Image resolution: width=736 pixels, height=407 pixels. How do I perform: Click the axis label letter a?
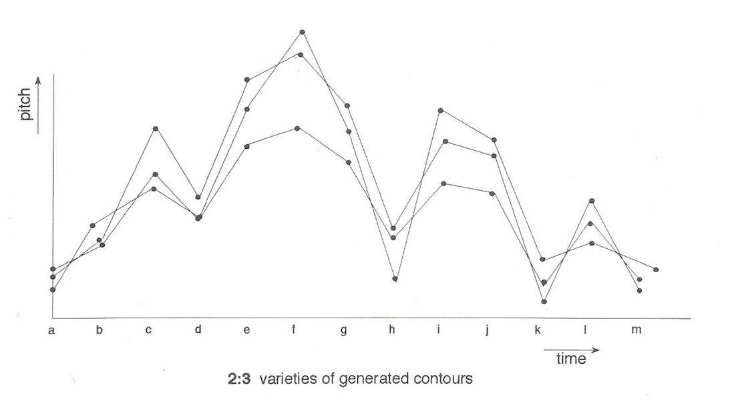[x=51, y=330]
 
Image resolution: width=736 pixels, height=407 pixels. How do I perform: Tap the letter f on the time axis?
[x=295, y=330]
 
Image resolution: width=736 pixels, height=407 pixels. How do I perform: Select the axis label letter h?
[x=392, y=330]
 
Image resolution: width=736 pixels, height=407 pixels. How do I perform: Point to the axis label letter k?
[x=537, y=330]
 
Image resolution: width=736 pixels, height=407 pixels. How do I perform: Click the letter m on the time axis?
[x=634, y=330]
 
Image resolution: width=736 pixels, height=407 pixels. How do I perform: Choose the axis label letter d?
[x=198, y=330]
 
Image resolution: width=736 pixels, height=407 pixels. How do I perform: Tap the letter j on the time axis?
[x=488, y=330]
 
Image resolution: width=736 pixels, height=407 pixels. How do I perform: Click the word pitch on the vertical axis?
[x=26, y=106]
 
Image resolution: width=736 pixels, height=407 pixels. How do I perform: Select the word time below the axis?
[x=570, y=359]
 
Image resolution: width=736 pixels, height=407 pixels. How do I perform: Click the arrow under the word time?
[x=571, y=348]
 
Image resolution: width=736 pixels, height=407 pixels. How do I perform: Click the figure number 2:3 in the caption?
[x=239, y=379]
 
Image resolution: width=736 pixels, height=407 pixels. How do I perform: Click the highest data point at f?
[x=303, y=32]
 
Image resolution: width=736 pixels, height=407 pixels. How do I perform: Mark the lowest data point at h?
[x=395, y=279]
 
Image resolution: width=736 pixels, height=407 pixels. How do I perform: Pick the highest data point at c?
[x=155, y=128]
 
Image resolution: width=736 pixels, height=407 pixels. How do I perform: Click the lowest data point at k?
[x=544, y=302]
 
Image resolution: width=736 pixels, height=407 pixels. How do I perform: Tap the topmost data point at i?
[x=441, y=110]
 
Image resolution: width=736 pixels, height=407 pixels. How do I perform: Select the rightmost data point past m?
[x=657, y=270]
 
